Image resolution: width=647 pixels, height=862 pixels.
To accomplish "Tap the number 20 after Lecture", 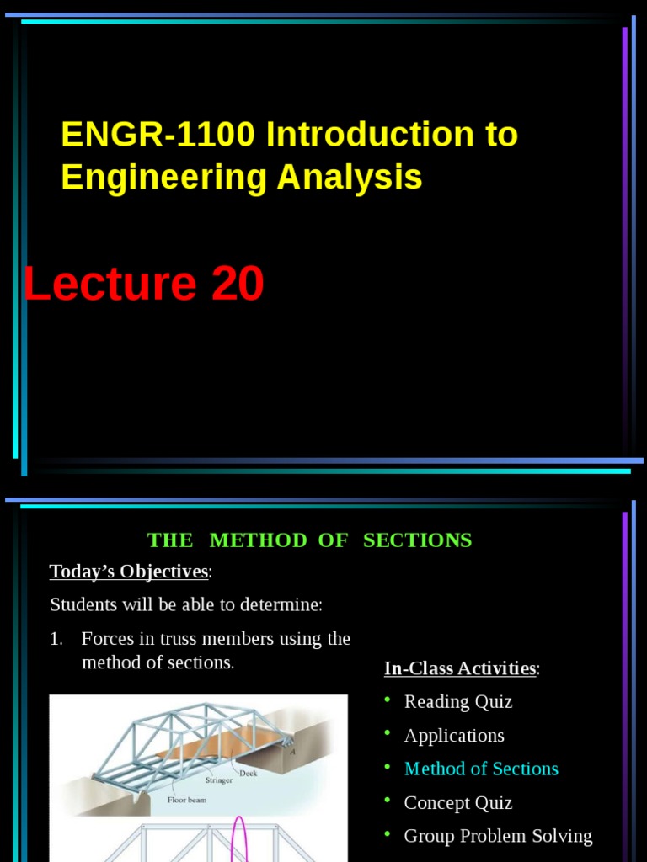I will pyautogui.click(x=237, y=285).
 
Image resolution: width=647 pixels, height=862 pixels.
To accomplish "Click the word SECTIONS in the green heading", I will pyautogui.click(x=417, y=540).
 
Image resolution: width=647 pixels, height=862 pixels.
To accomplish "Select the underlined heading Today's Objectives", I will pyautogui.click(x=129, y=572).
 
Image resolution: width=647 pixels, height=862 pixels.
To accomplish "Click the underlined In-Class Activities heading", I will pyautogui.click(x=460, y=668).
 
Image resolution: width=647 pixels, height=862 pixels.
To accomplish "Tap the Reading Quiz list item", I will pyautogui.click(x=457, y=702).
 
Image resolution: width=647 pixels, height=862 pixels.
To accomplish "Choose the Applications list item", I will pyautogui.click(x=454, y=736).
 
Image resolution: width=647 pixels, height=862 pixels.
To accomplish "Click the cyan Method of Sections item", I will pyautogui.click(x=481, y=769).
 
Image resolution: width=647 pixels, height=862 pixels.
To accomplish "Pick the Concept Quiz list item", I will pyautogui.click(x=457, y=803).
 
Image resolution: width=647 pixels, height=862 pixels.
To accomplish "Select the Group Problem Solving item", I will pyautogui.click(x=498, y=837).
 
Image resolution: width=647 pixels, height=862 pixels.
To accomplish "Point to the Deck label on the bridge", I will pyautogui.click(x=248, y=773).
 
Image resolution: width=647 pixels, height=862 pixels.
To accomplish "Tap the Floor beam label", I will pyautogui.click(x=186, y=800).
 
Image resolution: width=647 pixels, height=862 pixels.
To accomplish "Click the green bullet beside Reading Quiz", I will pyautogui.click(x=388, y=700).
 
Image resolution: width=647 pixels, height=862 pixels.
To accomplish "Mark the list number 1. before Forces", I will pyautogui.click(x=56, y=639).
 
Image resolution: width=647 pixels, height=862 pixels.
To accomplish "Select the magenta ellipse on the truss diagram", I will pyautogui.click(x=238, y=838).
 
